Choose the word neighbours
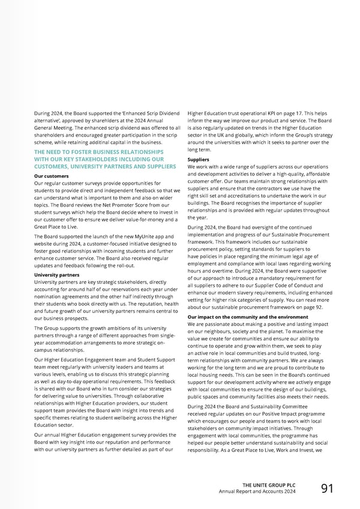pyautogui.click(x=211, y=332)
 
